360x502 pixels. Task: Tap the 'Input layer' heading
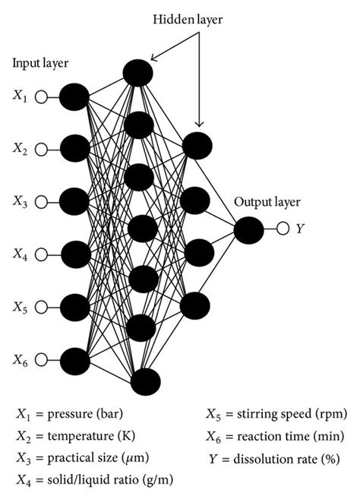[x=38, y=64]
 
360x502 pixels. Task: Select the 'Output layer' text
[x=267, y=202]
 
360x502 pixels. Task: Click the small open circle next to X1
[x=43, y=96]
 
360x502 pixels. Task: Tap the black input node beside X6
[x=74, y=359]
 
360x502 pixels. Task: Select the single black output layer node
[x=249, y=229]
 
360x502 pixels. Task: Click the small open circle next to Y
[x=282, y=229]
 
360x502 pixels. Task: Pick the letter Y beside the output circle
[x=300, y=229]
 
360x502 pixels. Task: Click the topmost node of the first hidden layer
[x=137, y=72]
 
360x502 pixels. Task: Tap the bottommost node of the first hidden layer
[x=144, y=380]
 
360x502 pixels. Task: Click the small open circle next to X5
[x=43, y=307]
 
